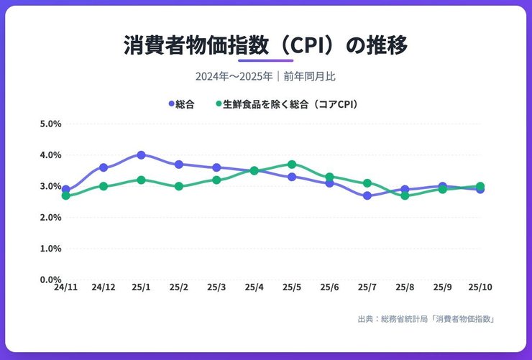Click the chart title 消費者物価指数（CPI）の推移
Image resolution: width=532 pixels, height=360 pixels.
265,45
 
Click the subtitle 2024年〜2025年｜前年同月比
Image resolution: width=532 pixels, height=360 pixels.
265,76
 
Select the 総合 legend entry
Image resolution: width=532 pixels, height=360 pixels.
184,104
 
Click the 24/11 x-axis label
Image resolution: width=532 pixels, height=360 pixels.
65,287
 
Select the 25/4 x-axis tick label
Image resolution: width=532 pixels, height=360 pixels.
254,287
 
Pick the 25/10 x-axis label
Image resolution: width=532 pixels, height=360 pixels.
480,287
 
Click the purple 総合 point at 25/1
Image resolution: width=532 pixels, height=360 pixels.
141,155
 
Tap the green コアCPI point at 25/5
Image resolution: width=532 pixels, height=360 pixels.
292,165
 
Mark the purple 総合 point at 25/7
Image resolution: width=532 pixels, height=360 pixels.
367,195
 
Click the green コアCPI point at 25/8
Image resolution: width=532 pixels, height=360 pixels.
405,195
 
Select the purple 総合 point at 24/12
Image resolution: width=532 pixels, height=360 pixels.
104,167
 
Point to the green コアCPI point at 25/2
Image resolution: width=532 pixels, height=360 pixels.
179,186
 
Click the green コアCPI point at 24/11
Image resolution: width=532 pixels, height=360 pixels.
65,195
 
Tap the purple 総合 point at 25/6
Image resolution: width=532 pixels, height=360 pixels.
329,183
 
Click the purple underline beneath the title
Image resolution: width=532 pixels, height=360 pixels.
265,61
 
